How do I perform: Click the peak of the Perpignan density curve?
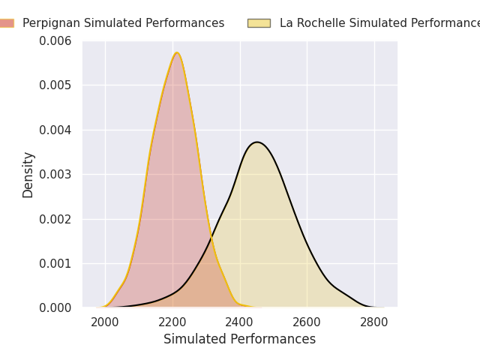(x=177, y=52)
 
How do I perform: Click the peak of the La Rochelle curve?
(x=257, y=142)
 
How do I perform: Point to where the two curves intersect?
(x=211, y=237)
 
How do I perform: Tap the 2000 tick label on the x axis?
(x=105, y=322)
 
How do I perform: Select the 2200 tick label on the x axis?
(x=172, y=322)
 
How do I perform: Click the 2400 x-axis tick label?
(x=239, y=322)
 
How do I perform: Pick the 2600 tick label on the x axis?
(x=307, y=322)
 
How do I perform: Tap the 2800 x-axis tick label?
(x=373, y=322)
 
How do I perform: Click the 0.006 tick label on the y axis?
(x=55, y=40)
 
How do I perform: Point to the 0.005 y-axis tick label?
(x=55, y=85)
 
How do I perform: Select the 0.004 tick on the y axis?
(x=55, y=130)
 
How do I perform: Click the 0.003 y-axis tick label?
(x=55, y=175)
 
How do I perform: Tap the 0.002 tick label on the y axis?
(x=55, y=219)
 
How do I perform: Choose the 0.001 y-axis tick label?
(x=55, y=263)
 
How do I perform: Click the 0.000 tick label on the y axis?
(x=55, y=308)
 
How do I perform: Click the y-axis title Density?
(x=28, y=175)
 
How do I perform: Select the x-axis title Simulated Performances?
(x=239, y=339)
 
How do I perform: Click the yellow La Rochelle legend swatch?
(x=259, y=23)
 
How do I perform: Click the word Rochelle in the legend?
(x=321, y=23)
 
